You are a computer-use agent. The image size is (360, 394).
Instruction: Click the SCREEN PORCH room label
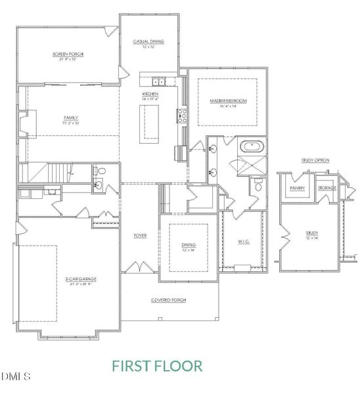[68, 54]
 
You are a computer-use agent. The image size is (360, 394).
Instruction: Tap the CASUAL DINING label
[148, 42]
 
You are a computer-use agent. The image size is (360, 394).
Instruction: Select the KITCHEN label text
[150, 94]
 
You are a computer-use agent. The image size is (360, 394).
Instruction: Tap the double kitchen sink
[158, 81]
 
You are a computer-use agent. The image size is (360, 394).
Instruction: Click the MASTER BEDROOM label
[227, 100]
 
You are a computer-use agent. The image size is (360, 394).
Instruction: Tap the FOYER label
[140, 235]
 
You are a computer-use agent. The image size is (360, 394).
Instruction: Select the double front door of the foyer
[139, 267]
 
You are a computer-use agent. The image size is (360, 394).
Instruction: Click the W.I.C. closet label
[243, 241]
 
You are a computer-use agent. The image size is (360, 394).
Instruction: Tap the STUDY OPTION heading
[316, 160]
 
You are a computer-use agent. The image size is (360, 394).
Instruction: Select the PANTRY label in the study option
[297, 188]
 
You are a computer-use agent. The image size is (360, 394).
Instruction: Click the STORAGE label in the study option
[326, 188]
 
